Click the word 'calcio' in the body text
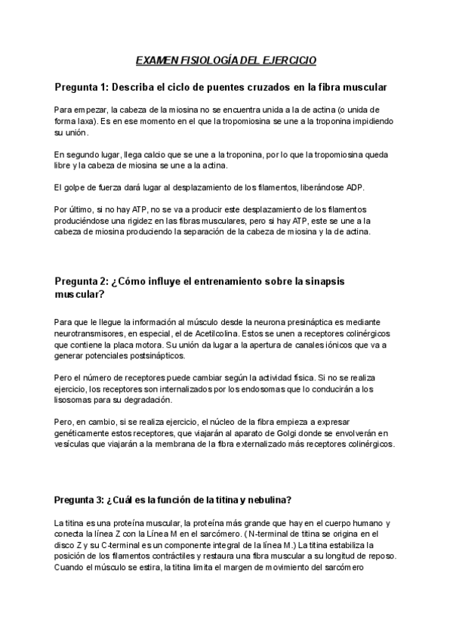pos(144,155)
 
